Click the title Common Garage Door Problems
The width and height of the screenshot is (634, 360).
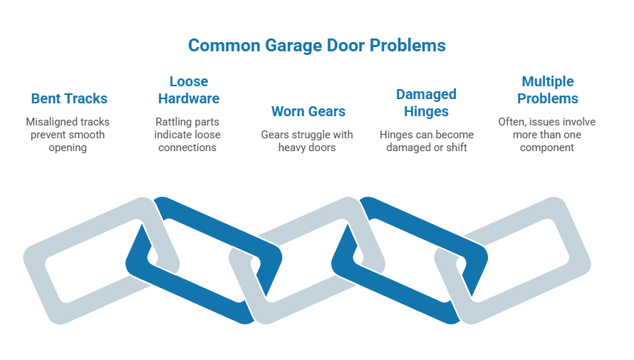316,46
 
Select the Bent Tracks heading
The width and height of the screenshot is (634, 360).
69,98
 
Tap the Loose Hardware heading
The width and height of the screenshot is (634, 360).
189,90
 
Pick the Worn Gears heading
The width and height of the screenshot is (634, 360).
308,111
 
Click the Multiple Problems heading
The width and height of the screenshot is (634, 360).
547,90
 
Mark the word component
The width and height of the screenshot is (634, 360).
547,148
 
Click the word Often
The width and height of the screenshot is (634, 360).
510,122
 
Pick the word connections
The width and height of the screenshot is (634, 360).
189,148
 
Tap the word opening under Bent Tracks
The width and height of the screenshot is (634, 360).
69,148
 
